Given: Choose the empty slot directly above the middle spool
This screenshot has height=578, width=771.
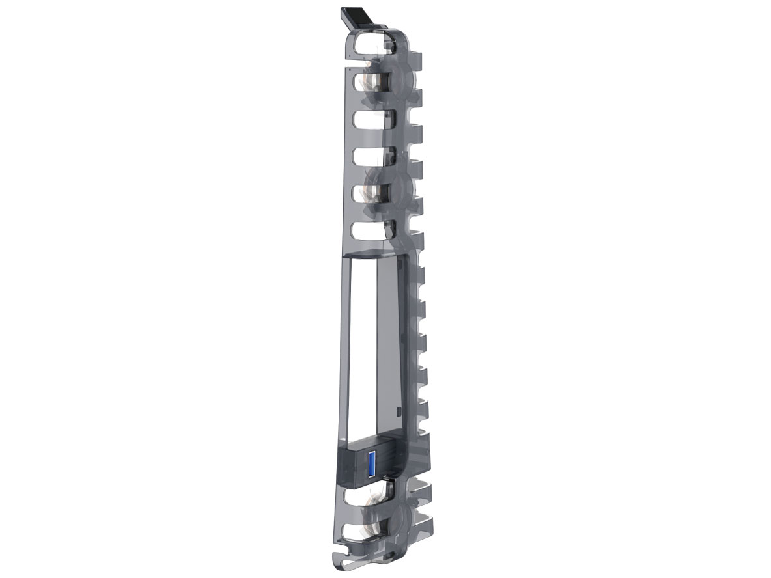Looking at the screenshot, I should (x=371, y=156).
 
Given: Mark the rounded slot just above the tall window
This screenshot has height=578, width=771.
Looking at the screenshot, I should (x=371, y=230).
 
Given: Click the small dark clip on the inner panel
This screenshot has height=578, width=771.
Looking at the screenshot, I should (x=398, y=412).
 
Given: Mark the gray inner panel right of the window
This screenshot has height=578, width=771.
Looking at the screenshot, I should (x=391, y=345).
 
